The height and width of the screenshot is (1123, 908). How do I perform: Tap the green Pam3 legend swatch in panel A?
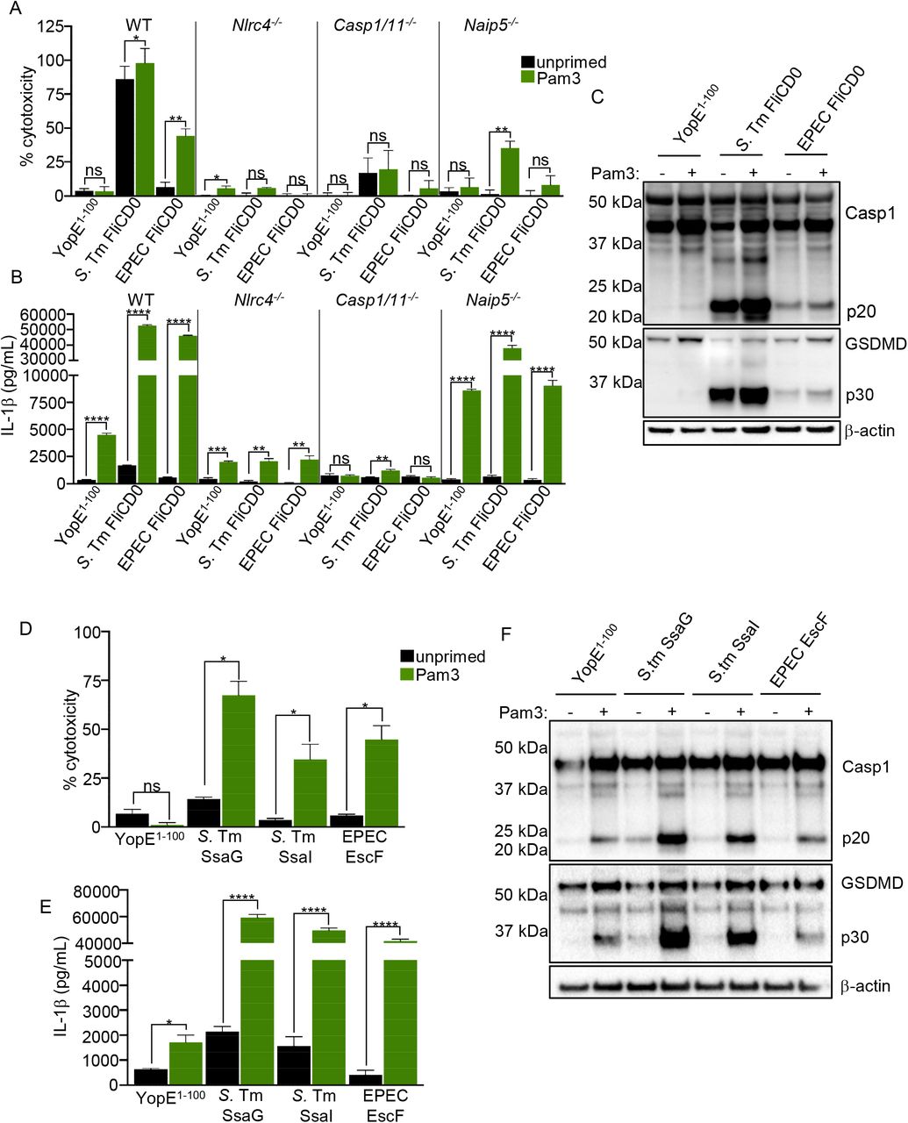click(527, 77)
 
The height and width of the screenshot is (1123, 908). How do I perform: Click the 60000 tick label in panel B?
click(44, 315)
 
